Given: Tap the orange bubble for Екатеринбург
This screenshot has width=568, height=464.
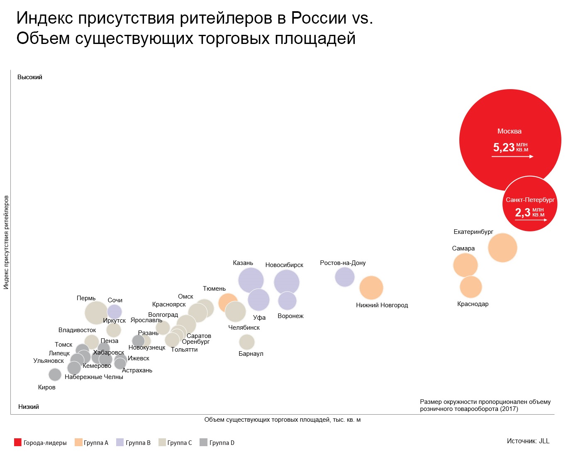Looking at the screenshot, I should [x=502, y=248].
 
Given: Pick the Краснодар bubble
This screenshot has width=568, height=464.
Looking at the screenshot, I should [x=470, y=287].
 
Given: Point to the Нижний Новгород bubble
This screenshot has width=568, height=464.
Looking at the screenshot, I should [x=371, y=288].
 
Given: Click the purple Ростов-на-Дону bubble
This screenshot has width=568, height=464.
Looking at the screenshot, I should [x=345, y=277].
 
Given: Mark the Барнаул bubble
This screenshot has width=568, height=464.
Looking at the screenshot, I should [x=247, y=342].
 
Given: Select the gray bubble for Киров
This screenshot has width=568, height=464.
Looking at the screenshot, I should [x=55, y=374].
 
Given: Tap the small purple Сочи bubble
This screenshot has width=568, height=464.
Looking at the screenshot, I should [x=115, y=312].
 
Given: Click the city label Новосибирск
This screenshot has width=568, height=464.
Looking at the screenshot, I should [x=284, y=265].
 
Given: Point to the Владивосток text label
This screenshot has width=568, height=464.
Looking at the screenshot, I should [x=77, y=330].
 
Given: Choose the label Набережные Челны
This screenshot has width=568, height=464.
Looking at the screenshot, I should [x=94, y=377].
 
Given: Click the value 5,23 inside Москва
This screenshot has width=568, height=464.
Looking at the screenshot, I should [x=504, y=147].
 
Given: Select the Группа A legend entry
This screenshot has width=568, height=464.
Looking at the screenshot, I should [x=91, y=443].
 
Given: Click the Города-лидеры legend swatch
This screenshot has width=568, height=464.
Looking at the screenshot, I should [x=18, y=442].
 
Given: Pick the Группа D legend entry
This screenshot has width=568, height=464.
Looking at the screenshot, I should [x=217, y=443].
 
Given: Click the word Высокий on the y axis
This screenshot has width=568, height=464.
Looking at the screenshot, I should [x=30, y=77].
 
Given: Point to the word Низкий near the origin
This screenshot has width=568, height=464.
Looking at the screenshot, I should [x=29, y=407].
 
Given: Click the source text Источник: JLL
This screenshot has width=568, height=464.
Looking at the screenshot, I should [x=528, y=441].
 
